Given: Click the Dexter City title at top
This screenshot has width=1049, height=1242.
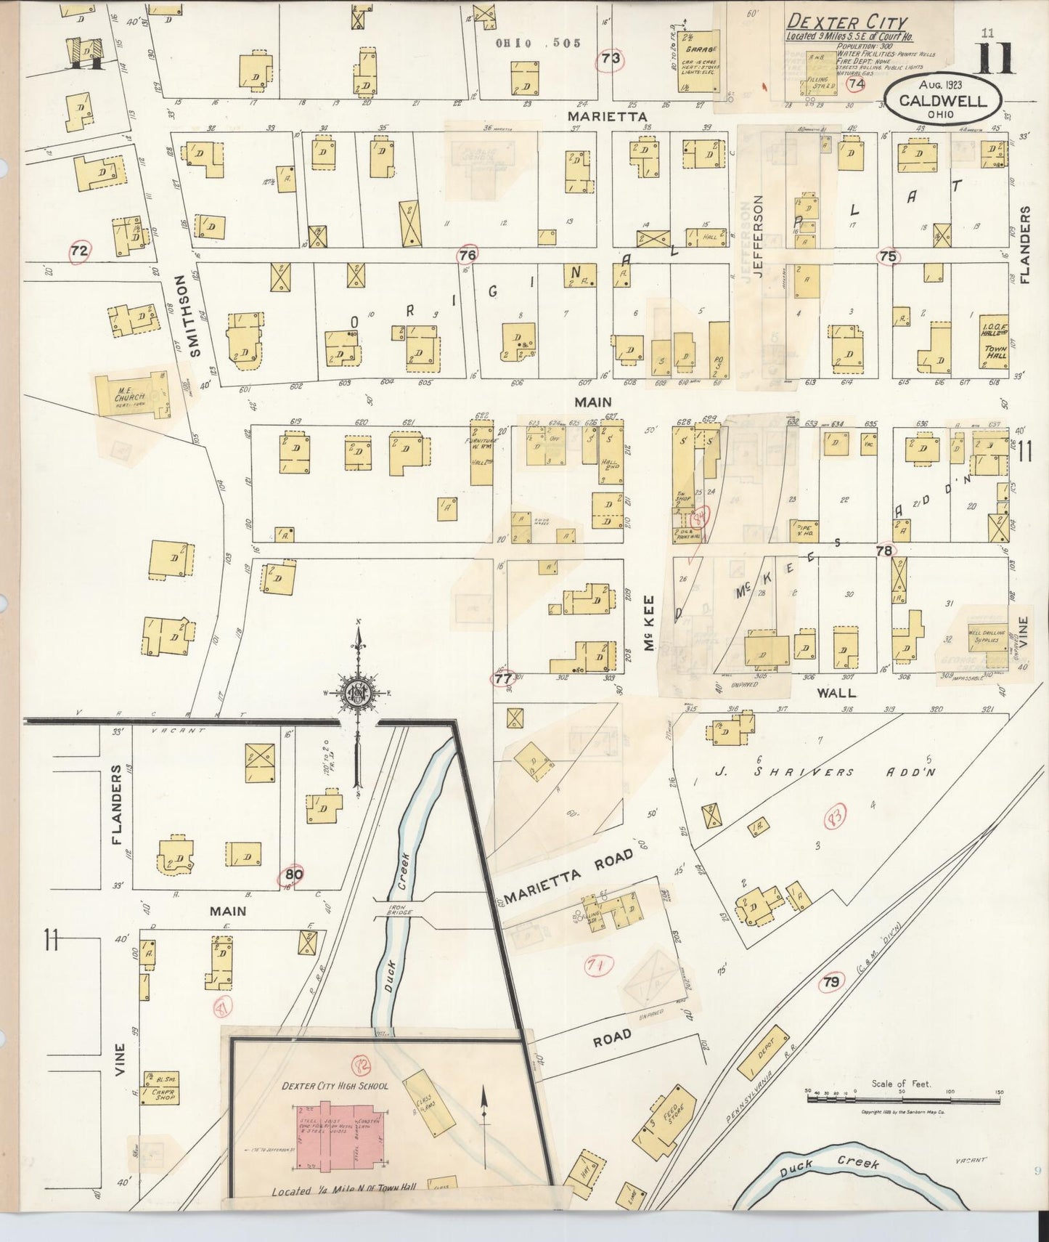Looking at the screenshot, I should (x=846, y=23).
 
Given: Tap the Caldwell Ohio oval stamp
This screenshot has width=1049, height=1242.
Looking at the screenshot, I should (x=942, y=101).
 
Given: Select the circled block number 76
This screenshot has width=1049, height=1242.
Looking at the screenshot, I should (x=468, y=255).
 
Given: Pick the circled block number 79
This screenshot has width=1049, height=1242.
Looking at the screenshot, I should (x=832, y=982).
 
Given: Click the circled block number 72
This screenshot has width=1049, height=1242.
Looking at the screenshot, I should (x=79, y=251).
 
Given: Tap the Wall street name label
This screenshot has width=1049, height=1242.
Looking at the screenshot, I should (x=836, y=692).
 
